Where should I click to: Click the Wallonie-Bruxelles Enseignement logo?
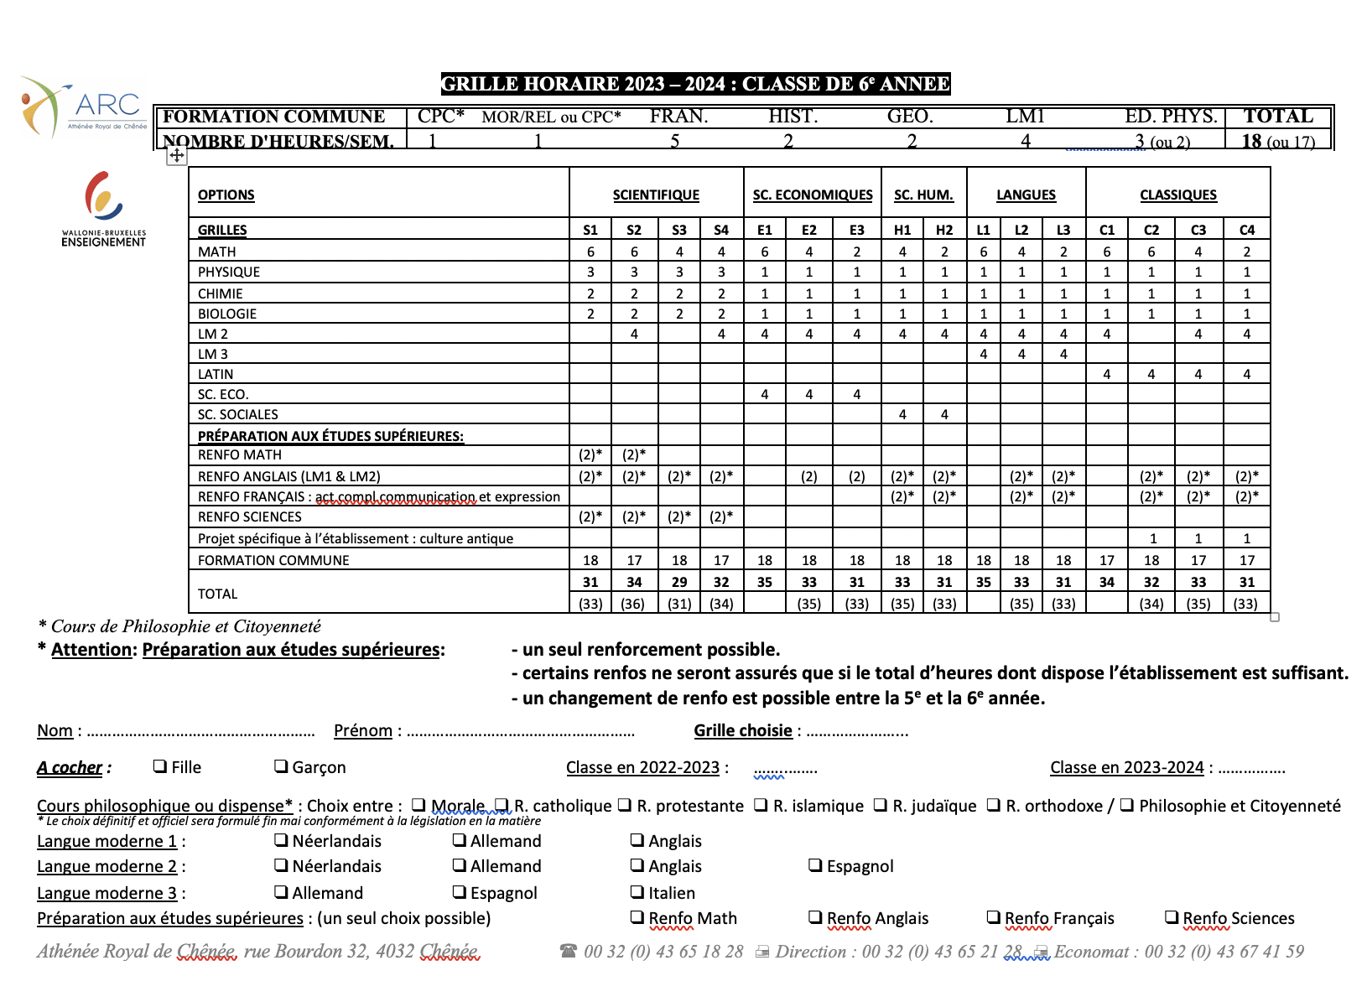[x=103, y=209]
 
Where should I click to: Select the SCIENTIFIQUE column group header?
[x=656, y=195]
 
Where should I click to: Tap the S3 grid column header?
[x=679, y=231]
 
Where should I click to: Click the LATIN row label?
[x=216, y=375]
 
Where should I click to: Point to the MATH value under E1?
[x=765, y=252]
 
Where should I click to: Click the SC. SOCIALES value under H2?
[x=944, y=414]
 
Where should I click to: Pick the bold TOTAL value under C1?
[x=1107, y=582]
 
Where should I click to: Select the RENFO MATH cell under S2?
[x=634, y=455]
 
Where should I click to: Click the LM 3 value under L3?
[x=1063, y=355]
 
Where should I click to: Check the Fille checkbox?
[x=160, y=766]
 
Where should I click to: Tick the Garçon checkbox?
[x=281, y=766]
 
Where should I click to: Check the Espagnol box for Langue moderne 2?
[x=814, y=865]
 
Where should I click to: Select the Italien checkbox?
[x=637, y=892]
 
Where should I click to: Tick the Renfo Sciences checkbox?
[x=1172, y=917]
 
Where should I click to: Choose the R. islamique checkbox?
[x=761, y=805]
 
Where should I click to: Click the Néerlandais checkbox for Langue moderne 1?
[x=281, y=840]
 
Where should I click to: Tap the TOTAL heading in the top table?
[x=1278, y=117]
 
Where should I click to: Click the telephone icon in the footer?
[x=569, y=951]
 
